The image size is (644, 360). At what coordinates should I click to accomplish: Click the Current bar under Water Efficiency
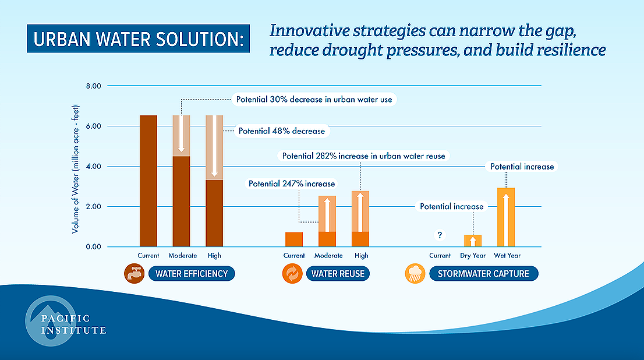(x=148, y=181)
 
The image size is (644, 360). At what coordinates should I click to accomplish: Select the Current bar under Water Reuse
(x=294, y=239)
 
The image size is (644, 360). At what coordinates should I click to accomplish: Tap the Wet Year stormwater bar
(x=506, y=217)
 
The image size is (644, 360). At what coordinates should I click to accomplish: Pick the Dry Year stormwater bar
(x=473, y=241)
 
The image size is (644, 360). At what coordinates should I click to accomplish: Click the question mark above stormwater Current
(x=440, y=235)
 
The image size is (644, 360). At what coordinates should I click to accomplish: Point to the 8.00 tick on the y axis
(x=94, y=86)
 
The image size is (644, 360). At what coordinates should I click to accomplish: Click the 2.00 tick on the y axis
(x=94, y=207)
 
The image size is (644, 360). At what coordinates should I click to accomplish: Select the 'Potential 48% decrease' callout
(x=282, y=131)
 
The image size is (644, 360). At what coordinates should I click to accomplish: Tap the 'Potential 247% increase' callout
(x=292, y=183)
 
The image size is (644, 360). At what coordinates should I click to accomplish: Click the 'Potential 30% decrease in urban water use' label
(x=314, y=100)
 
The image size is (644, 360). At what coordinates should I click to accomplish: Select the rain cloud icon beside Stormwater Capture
(x=414, y=273)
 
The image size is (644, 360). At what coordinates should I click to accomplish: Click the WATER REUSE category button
(x=338, y=273)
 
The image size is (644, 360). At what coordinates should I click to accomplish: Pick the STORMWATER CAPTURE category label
(x=479, y=273)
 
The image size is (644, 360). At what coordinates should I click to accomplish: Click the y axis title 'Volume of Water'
(x=76, y=166)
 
